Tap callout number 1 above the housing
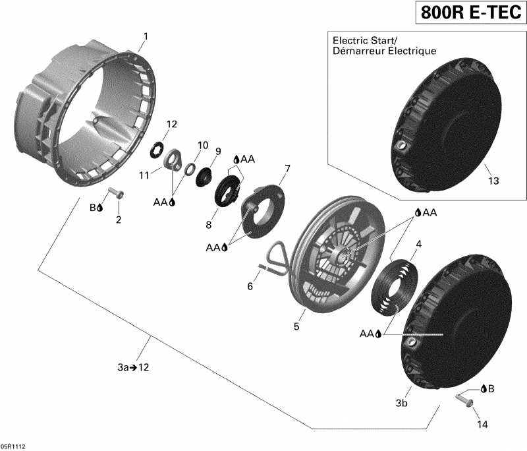tap(146, 36)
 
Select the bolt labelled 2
tap(116, 193)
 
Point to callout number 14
tap(483, 425)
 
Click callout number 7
tap(287, 169)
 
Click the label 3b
tap(401, 402)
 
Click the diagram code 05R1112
tap(14, 446)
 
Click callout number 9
tap(218, 151)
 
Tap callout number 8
tap(208, 225)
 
